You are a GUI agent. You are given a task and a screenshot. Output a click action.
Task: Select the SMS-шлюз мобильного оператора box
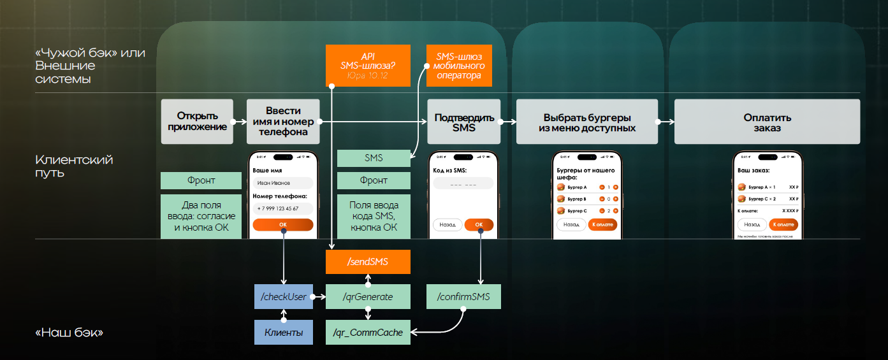click(459, 65)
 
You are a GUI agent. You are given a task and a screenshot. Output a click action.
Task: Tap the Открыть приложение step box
click(197, 121)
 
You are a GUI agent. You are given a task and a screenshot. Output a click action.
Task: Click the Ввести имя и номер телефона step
click(283, 121)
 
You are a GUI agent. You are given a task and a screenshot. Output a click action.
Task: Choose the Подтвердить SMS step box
click(463, 122)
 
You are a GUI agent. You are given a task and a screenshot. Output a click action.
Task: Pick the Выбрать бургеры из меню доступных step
click(586, 122)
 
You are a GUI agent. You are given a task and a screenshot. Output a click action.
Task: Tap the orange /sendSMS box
click(367, 262)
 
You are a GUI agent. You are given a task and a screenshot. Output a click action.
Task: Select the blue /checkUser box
click(284, 297)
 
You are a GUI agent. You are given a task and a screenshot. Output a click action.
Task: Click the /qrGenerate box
click(367, 297)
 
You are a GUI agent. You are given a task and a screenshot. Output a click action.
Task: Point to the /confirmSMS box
click(463, 297)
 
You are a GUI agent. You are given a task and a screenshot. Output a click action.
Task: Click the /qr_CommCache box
click(368, 332)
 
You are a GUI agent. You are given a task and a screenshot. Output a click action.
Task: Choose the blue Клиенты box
click(284, 332)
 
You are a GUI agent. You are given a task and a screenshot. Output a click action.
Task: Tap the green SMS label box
click(374, 158)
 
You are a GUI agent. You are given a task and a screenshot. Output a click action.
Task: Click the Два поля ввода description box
click(201, 217)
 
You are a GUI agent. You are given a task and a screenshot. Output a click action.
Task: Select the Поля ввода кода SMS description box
click(374, 217)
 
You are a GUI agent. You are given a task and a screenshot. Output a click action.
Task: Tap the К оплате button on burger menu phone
click(602, 224)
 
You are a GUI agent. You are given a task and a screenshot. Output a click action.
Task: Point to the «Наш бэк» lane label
click(69, 333)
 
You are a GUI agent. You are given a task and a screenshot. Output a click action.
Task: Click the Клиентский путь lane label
click(74, 166)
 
